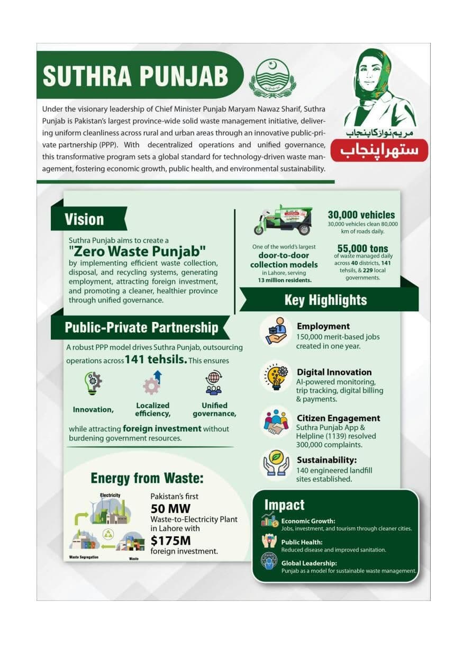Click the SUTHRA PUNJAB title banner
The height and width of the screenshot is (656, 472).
tap(135, 76)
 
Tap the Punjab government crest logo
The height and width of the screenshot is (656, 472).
tap(273, 78)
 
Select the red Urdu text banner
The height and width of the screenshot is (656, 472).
tap(379, 150)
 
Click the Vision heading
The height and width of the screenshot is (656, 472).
tap(85, 219)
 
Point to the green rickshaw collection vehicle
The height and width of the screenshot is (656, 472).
tap(284, 220)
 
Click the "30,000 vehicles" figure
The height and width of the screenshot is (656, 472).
tap(361, 214)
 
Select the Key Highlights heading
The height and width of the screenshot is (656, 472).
tap(325, 300)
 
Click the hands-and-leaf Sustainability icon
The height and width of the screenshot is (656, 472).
tap(276, 464)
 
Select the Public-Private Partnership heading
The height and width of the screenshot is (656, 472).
tap(141, 327)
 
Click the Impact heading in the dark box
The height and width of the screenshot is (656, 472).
tap(284, 505)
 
